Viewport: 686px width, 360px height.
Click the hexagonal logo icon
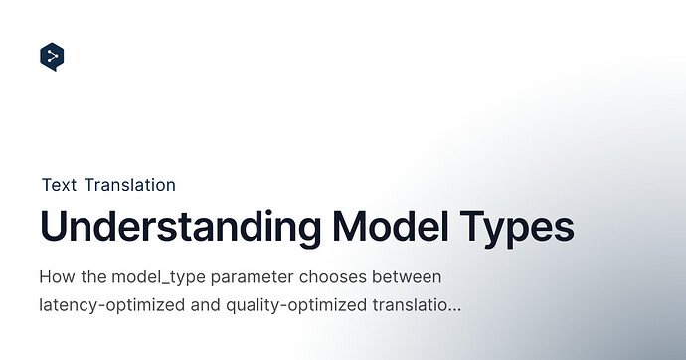coord(52,57)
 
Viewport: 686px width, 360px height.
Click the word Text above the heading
coord(59,185)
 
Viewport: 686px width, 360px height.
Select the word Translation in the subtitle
coord(130,185)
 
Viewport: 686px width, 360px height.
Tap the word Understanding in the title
coord(180,227)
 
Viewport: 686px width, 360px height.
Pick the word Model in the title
coord(391,226)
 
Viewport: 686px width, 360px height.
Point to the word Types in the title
coord(517,229)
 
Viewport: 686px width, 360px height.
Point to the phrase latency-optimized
coord(112,305)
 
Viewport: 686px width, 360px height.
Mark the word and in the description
coord(205,305)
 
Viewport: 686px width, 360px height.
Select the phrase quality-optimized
coord(296,305)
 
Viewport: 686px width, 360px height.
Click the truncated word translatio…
coord(417,305)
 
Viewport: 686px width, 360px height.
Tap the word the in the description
coord(93,276)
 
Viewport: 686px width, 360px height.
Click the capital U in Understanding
coord(53,226)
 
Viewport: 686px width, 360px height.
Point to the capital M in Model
coord(349,226)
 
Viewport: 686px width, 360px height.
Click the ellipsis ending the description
coord(455,310)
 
